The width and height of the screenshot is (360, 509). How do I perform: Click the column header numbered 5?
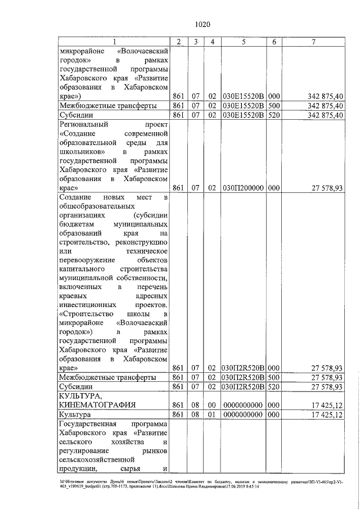(244, 42)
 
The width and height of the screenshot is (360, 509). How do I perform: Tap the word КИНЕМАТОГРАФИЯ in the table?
(94, 404)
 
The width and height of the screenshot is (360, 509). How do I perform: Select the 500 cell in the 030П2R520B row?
(274, 377)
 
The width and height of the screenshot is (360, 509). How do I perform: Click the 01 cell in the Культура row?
(213, 415)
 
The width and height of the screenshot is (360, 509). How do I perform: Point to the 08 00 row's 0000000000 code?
(244, 404)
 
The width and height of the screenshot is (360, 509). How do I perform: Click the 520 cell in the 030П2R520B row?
(274, 388)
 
